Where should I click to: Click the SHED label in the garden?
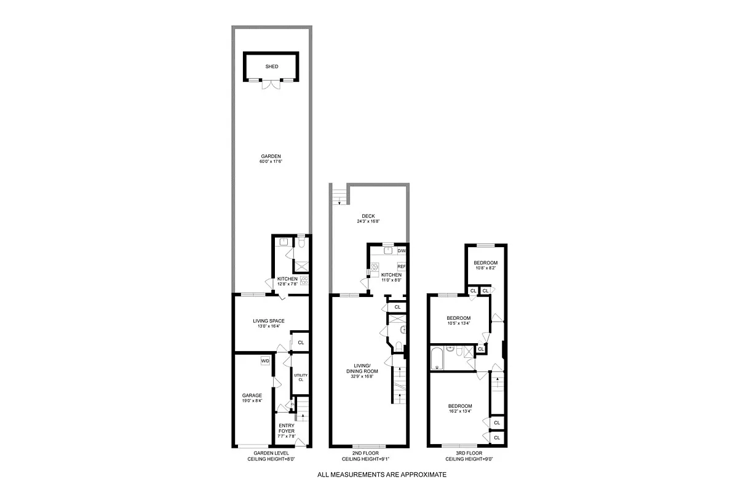pyautogui.click(x=271, y=66)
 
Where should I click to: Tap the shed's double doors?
pyautogui.click(x=271, y=85)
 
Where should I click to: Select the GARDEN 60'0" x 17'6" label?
pyautogui.click(x=271, y=159)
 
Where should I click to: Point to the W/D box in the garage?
pyautogui.click(x=265, y=361)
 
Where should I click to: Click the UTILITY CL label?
pyautogui.click(x=300, y=377)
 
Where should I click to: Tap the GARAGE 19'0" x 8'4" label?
pyautogui.click(x=252, y=398)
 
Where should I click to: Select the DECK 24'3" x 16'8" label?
pyautogui.click(x=369, y=218)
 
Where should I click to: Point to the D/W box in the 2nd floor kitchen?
pyautogui.click(x=401, y=251)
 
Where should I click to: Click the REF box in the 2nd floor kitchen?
pyautogui.click(x=402, y=266)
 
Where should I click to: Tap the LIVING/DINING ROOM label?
pyautogui.click(x=364, y=373)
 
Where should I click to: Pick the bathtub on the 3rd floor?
pyautogui.click(x=438, y=359)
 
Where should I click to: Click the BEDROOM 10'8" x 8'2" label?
pyautogui.click(x=485, y=265)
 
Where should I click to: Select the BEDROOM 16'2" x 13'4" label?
pyautogui.click(x=459, y=409)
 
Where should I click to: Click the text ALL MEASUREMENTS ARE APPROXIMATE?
pyautogui.click(x=381, y=475)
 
